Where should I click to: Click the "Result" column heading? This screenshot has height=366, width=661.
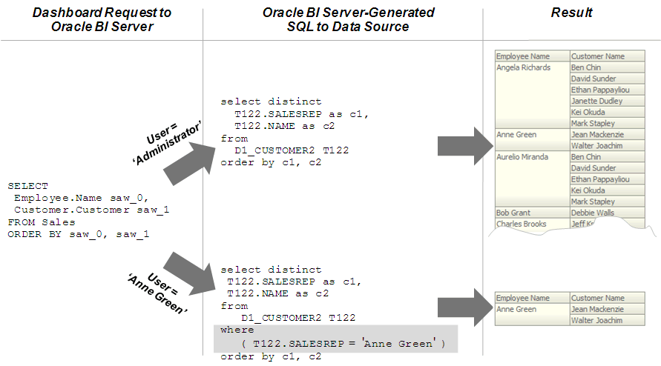(x=572, y=13)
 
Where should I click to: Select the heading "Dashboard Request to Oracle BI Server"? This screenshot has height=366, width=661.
(x=101, y=20)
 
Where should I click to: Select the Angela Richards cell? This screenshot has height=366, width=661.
(x=524, y=67)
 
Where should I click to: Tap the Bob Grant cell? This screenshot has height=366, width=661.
(x=513, y=213)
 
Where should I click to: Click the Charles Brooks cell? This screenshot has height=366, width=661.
(x=521, y=224)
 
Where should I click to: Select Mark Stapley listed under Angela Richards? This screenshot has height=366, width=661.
(x=593, y=123)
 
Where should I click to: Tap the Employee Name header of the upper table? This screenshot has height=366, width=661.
(x=523, y=56)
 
